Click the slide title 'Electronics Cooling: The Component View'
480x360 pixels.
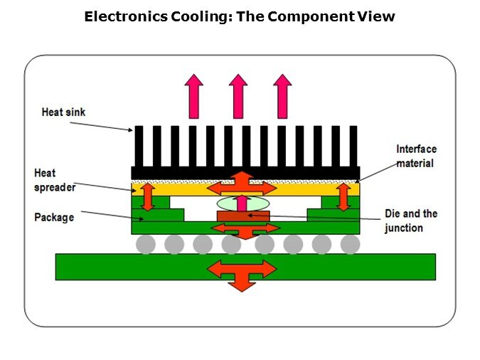pos(239,16)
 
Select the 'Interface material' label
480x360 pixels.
pos(416,156)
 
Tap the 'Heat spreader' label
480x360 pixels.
pos(54,179)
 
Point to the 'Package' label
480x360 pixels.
pos(54,217)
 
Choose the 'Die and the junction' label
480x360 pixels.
pos(410,221)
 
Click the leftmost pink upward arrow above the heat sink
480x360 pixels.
pos(193,95)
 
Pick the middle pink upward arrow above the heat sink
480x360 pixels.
pos(238,95)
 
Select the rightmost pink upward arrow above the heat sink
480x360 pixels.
pos(282,95)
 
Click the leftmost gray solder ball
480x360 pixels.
pos(146,245)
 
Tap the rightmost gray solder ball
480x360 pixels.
pos(350,245)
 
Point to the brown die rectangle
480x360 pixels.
pos(242,216)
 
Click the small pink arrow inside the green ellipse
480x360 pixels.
pos(242,204)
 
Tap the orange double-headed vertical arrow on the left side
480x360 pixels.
pos(148,196)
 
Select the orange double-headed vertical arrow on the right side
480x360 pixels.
pos(343,196)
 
